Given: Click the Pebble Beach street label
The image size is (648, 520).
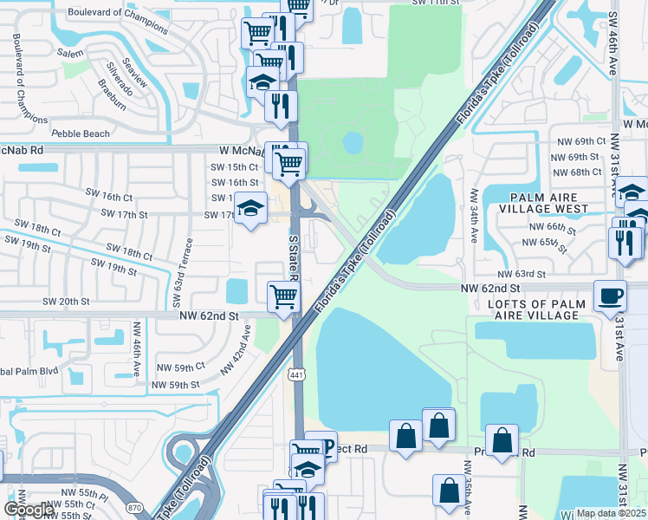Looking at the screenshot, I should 81,133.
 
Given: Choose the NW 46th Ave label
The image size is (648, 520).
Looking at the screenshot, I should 137,350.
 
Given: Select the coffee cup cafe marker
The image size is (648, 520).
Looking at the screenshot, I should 611,296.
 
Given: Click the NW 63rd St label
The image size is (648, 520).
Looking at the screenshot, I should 525,274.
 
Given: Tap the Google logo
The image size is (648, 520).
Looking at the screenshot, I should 29,510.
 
